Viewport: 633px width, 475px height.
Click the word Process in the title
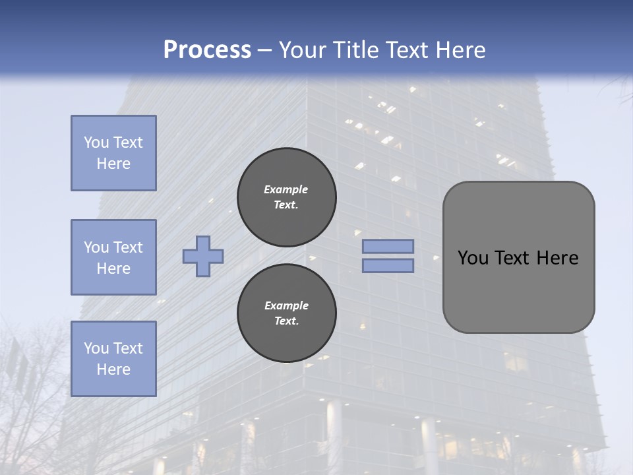pos(207,50)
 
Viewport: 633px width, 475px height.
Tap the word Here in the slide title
pos(459,50)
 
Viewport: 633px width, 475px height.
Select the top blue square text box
pos(113,153)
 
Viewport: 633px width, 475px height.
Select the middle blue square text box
pos(113,257)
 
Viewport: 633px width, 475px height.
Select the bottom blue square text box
pos(113,359)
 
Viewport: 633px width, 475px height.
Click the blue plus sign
pos(203,256)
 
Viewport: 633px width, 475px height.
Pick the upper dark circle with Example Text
pos(286,197)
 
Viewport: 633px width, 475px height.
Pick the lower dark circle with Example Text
pos(286,313)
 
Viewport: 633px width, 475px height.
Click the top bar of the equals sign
pos(388,246)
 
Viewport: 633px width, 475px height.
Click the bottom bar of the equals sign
pos(388,266)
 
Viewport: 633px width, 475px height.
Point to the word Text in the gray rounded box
pos(512,258)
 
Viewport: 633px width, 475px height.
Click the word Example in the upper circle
pos(286,189)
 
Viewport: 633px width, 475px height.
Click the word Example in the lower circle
pos(286,305)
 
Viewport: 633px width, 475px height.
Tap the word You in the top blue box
pos(96,142)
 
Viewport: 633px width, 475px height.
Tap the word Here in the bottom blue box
pos(113,369)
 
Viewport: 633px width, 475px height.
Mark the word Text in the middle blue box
pos(127,247)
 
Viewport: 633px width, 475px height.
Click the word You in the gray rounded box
pos(473,258)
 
